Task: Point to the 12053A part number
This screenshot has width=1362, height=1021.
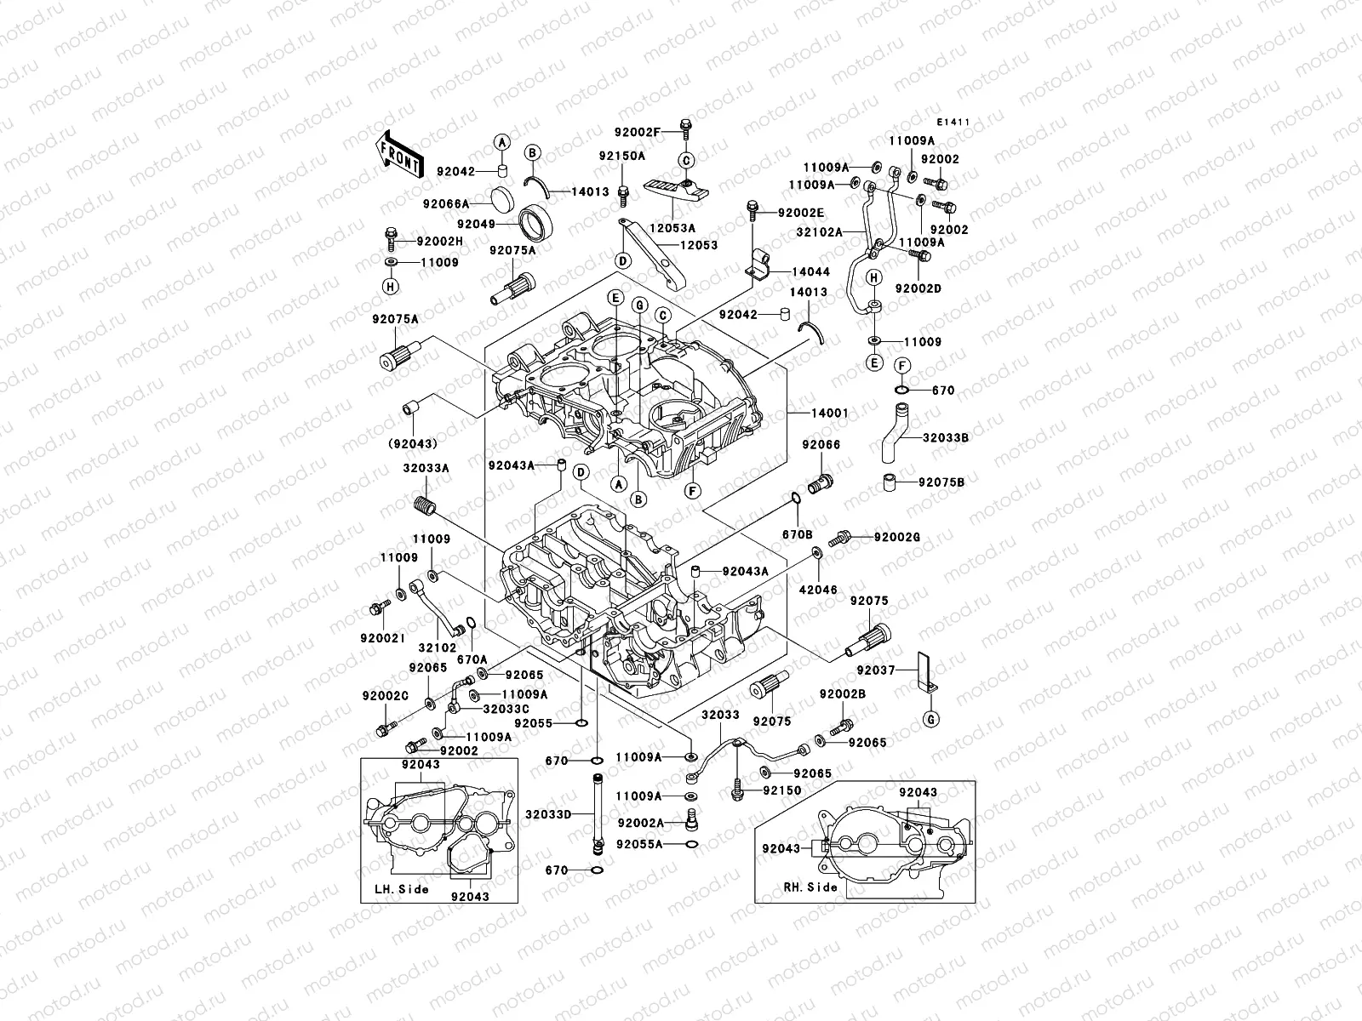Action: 674,228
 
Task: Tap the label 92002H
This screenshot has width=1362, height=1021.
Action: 439,242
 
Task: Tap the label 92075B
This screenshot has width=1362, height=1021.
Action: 941,482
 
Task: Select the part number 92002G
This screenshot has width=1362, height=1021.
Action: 897,537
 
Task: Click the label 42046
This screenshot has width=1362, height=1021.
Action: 818,589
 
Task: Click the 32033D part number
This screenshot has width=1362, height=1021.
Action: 548,813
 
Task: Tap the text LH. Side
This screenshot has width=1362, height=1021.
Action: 401,889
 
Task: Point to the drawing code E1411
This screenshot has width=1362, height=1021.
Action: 955,123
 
